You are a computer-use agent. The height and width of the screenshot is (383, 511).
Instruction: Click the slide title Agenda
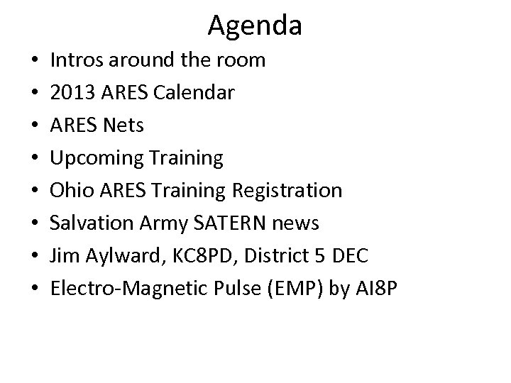255,26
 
